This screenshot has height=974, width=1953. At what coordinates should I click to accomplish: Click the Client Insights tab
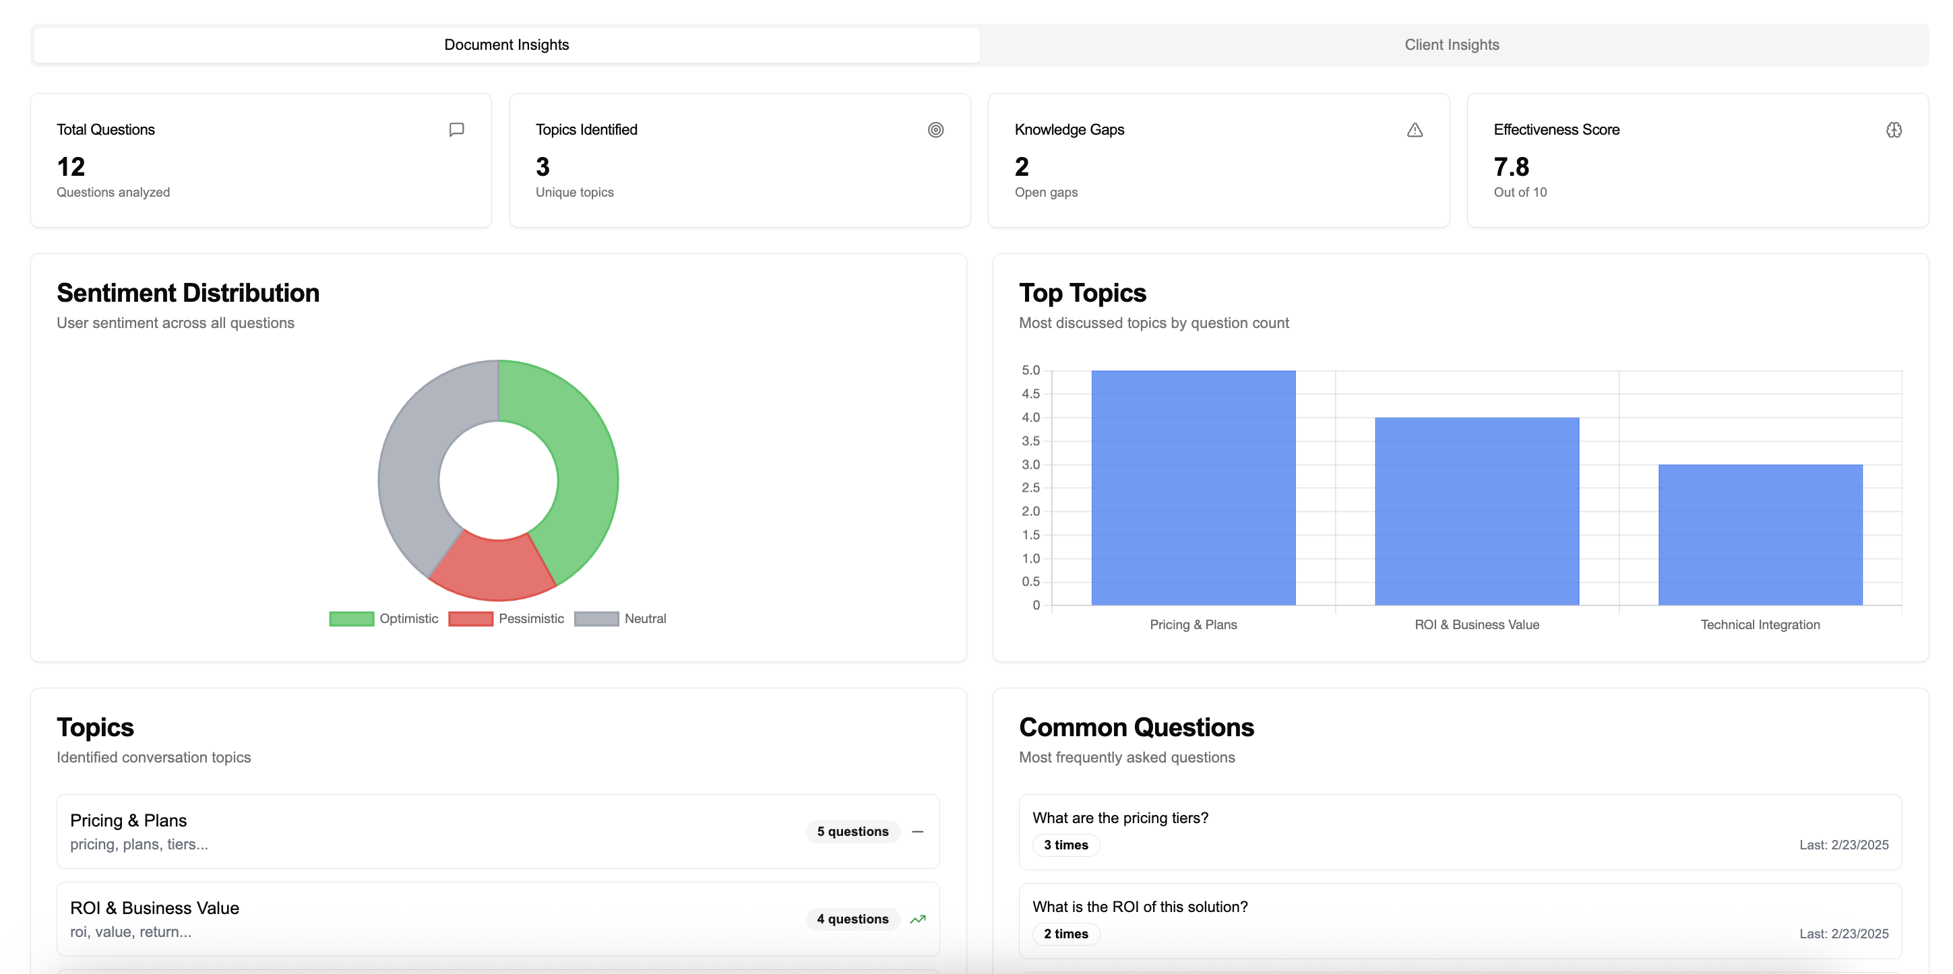click(1451, 44)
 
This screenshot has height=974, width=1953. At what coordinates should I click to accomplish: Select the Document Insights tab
click(507, 44)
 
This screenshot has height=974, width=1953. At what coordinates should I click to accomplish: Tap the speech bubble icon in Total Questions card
click(456, 129)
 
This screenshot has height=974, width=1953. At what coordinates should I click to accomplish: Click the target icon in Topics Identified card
click(935, 129)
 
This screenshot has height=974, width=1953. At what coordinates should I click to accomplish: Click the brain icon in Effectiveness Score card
click(1894, 129)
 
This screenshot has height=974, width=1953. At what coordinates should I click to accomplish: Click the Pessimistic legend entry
click(507, 618)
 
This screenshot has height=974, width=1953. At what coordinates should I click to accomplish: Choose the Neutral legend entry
click(621, 618)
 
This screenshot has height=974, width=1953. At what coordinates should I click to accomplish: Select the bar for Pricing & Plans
click(1193, 488)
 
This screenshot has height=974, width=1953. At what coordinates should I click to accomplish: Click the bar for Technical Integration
click(1760, 535)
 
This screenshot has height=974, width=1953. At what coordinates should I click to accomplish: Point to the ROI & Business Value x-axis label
click(1476, 624)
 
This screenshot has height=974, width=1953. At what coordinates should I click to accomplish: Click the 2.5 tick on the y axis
click(1030, 488)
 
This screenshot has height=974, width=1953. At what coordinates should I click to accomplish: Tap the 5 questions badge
click(852, 831)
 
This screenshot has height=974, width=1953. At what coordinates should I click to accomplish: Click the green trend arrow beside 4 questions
click(917, 919)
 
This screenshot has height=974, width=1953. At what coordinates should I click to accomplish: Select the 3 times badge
click(1066, 845)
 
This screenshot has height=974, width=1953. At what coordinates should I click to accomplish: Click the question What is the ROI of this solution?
click(1140, 907)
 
